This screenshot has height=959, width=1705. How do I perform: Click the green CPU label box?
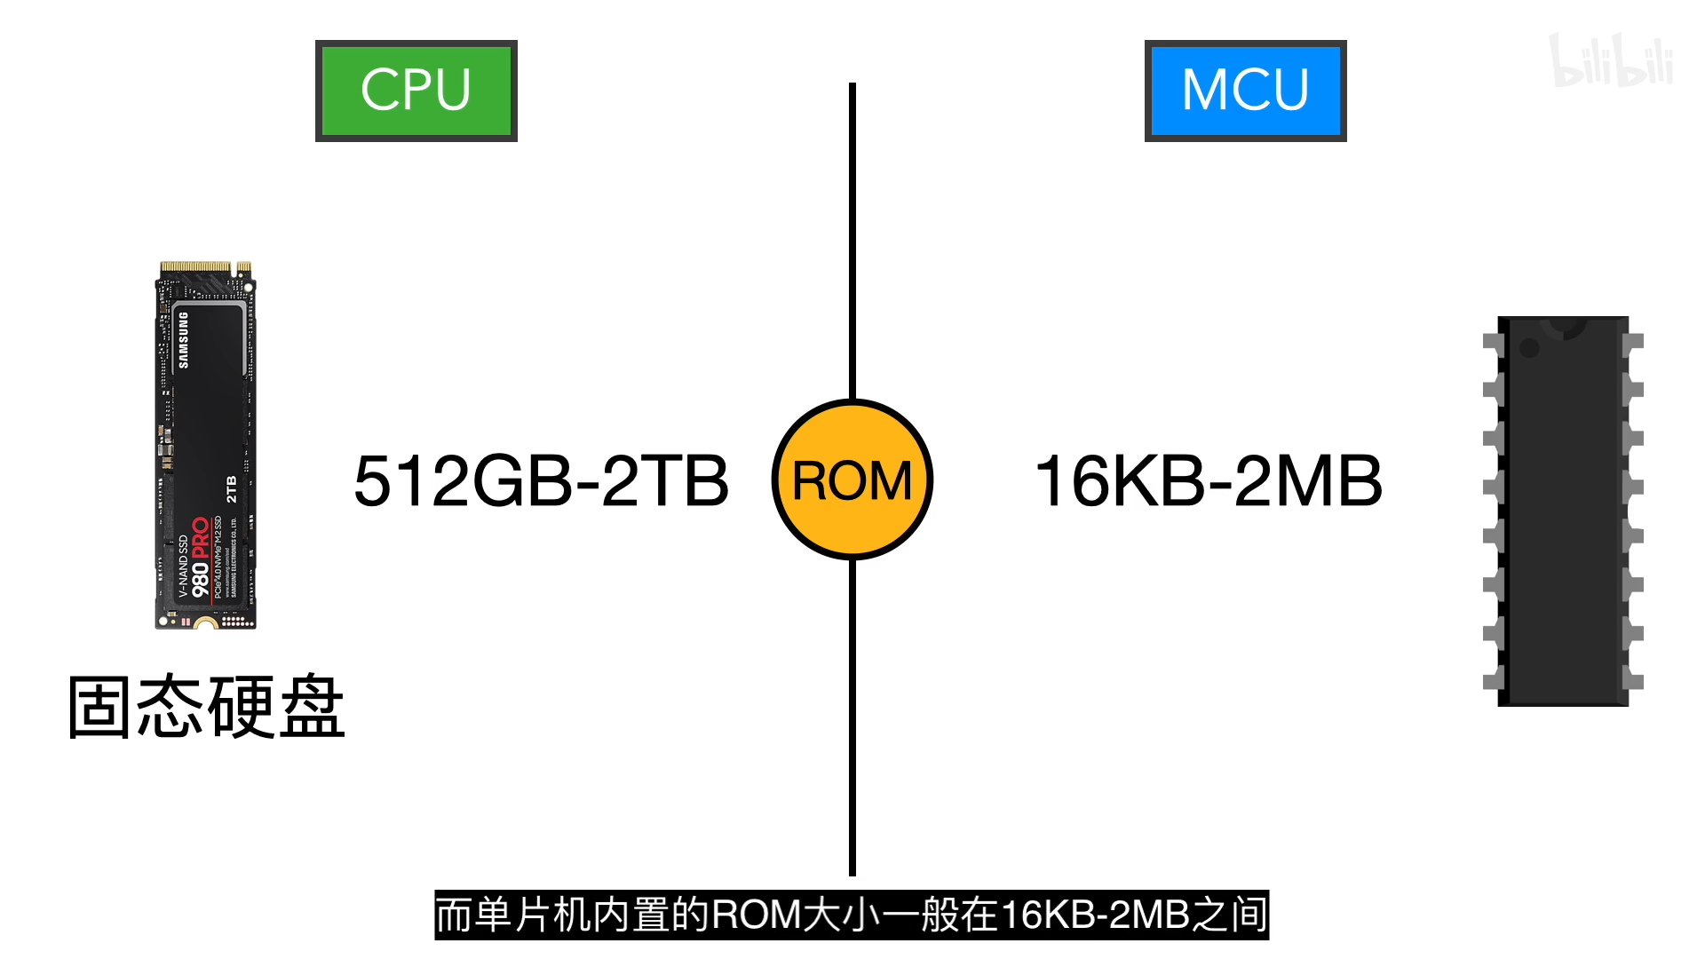pyautogui.click(x=416, y=91)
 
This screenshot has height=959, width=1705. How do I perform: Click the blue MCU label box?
pyautogui.click(x=1245, y=91)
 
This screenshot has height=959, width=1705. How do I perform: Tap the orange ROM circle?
pyautogui.click(x=852, y=479)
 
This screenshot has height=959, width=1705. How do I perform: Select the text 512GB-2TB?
pyautogui.click(x=541, y=481)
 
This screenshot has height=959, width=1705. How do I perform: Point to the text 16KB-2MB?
pyautogui.click(x=1209, y=481)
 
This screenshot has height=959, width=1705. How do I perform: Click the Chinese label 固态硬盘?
pyautogui.click(x=206, y=707)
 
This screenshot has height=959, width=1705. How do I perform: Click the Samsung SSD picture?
pyautogui.click(x=206, y=444)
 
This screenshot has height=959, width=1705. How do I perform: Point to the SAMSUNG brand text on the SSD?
pyautogui.click(x=184, y=340)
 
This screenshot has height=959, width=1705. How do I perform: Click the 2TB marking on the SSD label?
pyautogui.click(x=231, y=489)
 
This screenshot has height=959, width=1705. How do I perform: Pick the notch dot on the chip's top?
pyautogui.click(x=1529, y=347)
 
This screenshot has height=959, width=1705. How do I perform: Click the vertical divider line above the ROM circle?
pyautogui.click(x=852, y=240)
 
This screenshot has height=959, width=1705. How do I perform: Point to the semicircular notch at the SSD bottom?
pyautogui.click(x=206, y=624)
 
